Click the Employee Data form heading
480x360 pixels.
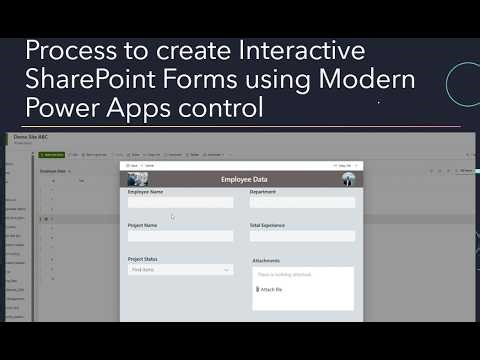pos(243,180)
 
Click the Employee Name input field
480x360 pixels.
pos(180,202)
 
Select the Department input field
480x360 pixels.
pos(302,202)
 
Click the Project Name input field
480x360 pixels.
pos(180,236)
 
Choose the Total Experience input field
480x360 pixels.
pos(302,236)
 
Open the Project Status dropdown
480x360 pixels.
pos(180,269)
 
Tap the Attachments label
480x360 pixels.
pos(266,261)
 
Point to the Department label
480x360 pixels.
pos(263,191)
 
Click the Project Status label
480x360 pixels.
pos(143,259)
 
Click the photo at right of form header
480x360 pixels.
pos(348,179)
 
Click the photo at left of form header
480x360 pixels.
pos(139,180)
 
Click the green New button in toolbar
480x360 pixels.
pos(52,155)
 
